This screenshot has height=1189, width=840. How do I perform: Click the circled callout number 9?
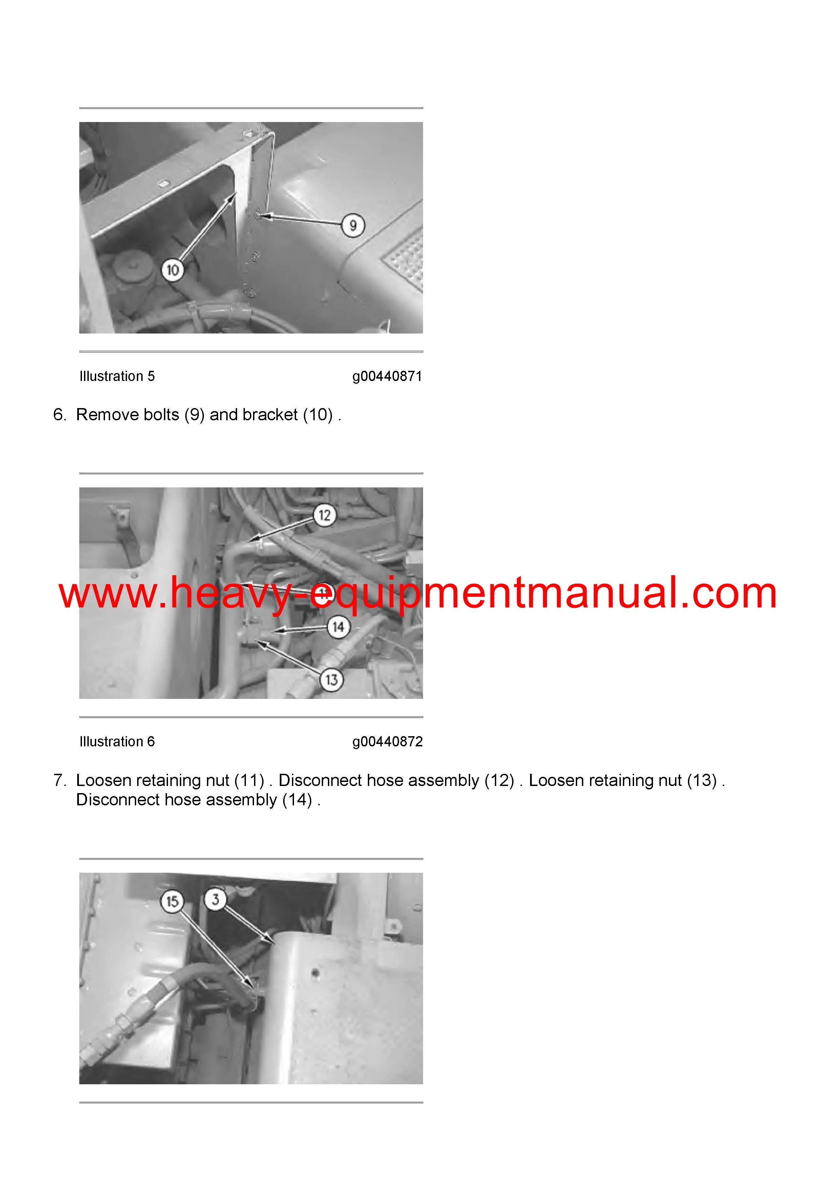353,225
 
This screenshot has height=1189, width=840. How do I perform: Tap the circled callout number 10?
172,270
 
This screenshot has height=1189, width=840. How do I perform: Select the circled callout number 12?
324,515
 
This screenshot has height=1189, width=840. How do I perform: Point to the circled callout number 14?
338,627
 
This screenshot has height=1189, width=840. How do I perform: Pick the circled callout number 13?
331,680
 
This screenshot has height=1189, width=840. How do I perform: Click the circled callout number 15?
172,902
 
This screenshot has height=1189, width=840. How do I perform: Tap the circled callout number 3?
215,899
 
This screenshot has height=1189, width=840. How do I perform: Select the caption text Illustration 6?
117,742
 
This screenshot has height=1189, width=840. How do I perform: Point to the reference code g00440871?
387,377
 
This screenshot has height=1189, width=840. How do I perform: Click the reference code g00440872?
387,742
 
